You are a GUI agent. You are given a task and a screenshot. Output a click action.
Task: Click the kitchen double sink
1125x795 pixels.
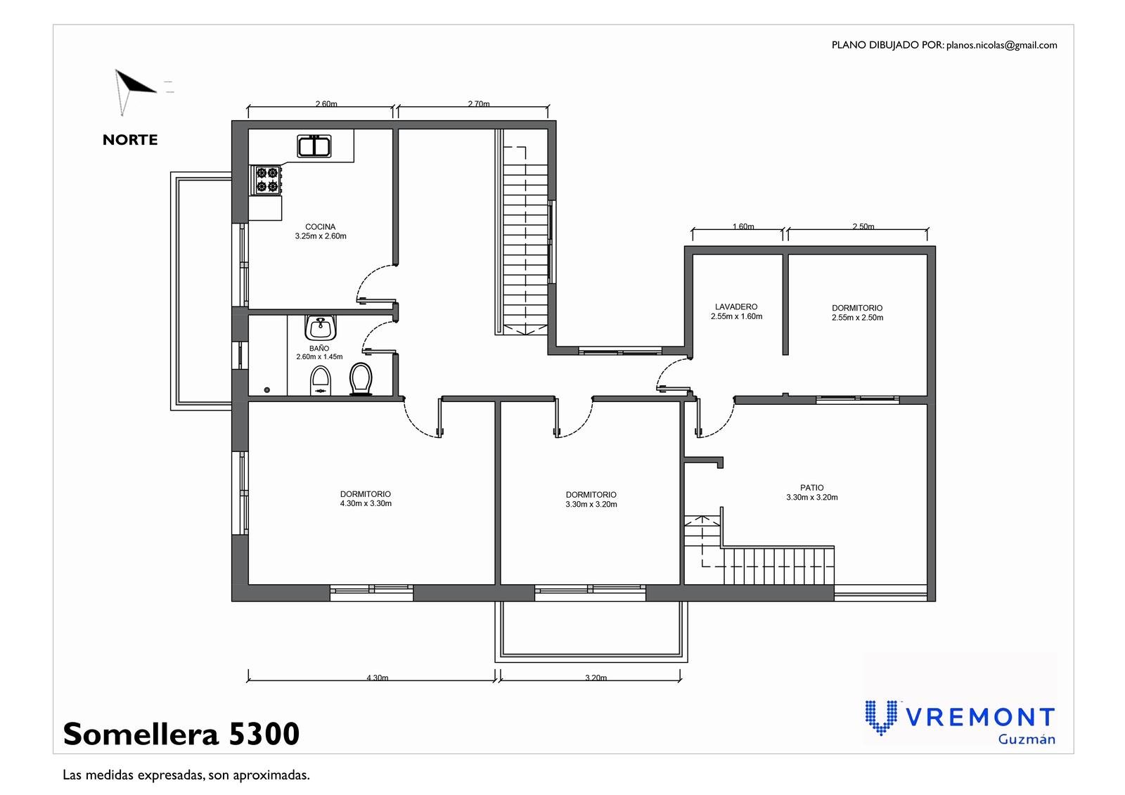coord(314,146)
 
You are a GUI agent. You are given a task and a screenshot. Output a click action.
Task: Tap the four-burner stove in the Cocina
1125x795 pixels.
coord(266,180)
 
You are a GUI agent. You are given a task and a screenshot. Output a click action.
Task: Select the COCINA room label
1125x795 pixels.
coord(321,226)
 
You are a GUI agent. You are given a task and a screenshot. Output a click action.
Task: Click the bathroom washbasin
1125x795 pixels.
coord(321,328)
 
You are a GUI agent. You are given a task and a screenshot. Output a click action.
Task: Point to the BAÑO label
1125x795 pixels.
coord(319,348)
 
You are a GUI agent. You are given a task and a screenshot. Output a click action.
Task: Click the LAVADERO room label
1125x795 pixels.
coord(736,306)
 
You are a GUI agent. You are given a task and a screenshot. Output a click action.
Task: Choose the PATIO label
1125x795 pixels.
coord(812,487)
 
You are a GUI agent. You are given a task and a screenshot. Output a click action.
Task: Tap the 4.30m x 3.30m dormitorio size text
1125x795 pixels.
coord(366,503)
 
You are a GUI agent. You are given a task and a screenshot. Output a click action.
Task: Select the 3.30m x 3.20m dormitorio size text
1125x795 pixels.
coord(591,504)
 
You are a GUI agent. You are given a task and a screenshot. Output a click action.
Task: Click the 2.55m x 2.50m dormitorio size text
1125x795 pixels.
coord(857,318)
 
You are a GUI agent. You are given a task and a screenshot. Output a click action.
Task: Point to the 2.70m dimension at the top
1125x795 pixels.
coord(479,103)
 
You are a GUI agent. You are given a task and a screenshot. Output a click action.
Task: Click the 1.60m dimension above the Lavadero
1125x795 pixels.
coord(743,226)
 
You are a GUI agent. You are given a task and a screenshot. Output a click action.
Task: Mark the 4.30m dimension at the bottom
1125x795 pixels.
coord(377,677)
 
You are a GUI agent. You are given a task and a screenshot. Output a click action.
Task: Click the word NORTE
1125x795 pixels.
coord(130,140)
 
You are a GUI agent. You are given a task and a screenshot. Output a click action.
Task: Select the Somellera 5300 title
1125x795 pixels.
coord(181,734)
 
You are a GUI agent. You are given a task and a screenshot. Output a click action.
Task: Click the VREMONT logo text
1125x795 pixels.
coord(982,717)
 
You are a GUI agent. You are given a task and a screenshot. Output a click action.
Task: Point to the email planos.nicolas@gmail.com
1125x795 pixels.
coord(1002,45)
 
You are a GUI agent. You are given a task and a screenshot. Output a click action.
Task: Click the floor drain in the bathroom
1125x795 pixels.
coord(266,389)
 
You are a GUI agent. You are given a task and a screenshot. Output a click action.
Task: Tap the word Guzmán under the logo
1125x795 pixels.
coord(1027,739)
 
